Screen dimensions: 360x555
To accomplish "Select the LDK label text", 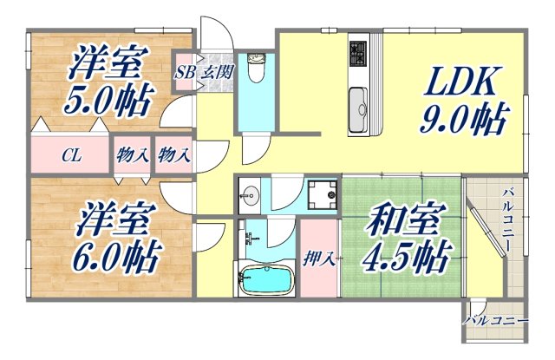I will [460, 85].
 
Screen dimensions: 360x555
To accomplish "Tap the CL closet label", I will [71, 157].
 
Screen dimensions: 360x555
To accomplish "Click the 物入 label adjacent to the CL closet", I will [133, 157].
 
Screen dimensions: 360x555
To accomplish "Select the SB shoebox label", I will [184, 72].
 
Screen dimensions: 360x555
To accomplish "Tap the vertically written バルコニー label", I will [507, 221].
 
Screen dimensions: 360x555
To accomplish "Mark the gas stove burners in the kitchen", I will [360, 56].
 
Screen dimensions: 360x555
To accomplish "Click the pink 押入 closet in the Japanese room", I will [320, 252].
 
